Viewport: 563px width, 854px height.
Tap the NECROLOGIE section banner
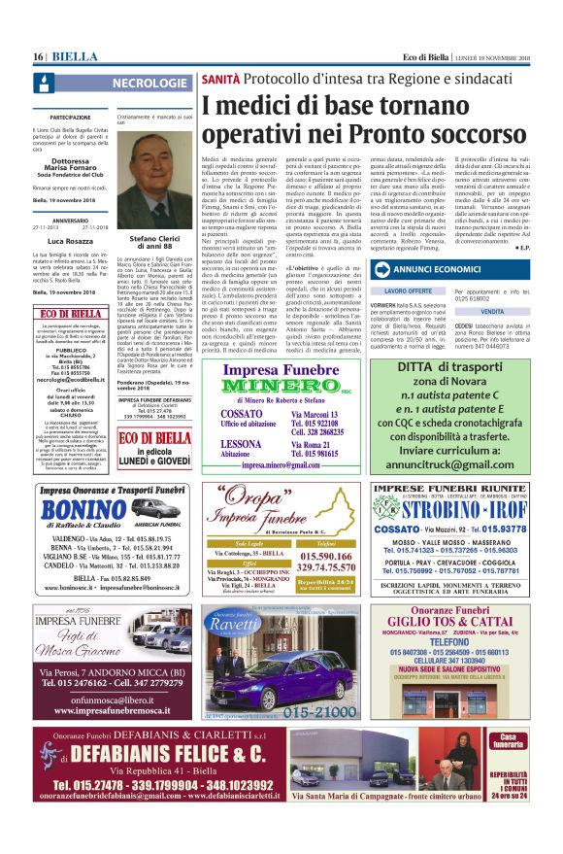[x=151, y=84]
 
